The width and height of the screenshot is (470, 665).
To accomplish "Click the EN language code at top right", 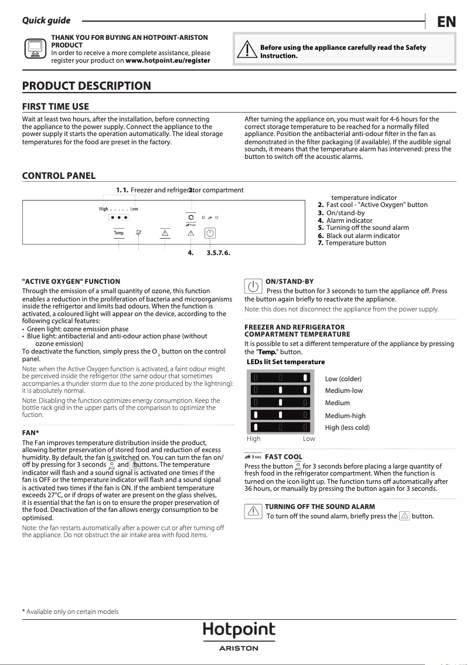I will tap(447, 22).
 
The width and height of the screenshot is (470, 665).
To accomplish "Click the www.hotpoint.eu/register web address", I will tap(168, 60).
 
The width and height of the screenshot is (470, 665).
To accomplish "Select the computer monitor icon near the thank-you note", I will tap(35, 49).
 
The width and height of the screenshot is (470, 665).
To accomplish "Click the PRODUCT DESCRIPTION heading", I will tap(86, 86).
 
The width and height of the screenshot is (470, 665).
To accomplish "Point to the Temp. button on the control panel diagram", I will tap(119, 233).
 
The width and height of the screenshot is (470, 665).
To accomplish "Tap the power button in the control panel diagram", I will tap(210, 233).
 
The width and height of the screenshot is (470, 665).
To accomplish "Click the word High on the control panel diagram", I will tap(103, 209).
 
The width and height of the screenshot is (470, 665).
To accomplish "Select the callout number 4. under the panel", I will tap(190, 253).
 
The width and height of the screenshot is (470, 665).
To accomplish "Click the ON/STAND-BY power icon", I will tap(253, 287).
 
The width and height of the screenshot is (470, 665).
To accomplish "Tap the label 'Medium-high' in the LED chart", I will tap(345, 416).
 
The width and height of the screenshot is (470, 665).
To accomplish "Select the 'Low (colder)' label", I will tap(343, 379).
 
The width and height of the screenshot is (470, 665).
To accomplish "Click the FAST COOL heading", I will tap(284, 456).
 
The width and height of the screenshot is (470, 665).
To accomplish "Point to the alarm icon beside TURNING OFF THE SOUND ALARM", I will tap(253, 511).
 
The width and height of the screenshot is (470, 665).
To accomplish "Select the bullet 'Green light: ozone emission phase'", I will tap(77, 329).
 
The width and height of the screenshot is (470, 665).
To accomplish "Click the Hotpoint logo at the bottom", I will tap(239, 632).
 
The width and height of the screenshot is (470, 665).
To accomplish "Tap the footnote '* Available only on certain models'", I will tap(70, 612).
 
